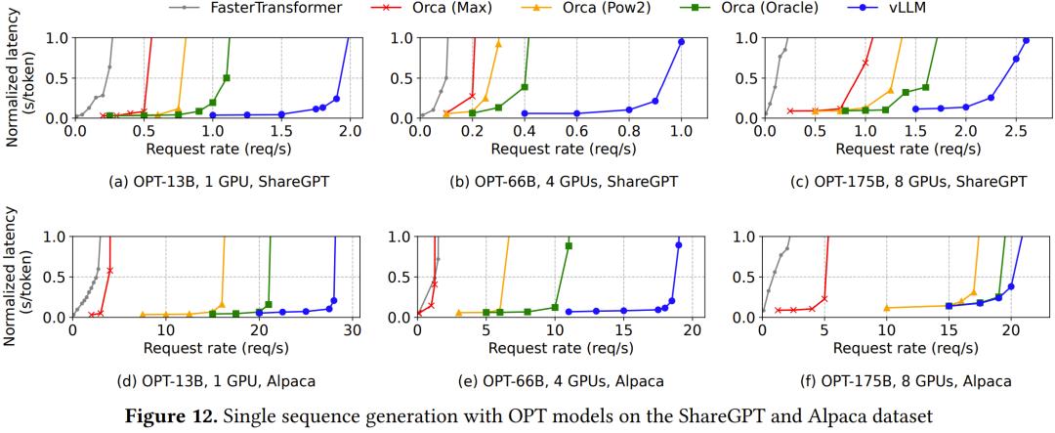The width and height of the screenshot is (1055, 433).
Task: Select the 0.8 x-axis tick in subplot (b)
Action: (x=629, y=130)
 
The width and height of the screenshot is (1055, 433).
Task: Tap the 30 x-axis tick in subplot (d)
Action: (x=353, y=329)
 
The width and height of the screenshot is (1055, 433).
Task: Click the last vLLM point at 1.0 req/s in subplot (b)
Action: (x=681, y=41)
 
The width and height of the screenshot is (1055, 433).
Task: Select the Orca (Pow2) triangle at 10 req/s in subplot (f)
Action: (x=887, y=308)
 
